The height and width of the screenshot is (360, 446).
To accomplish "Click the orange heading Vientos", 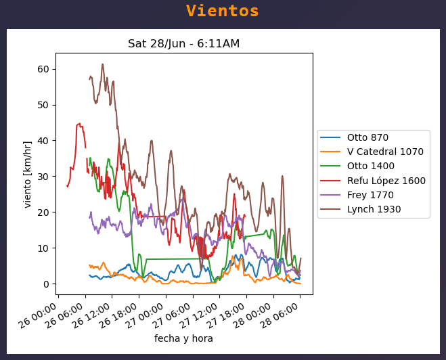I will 223,12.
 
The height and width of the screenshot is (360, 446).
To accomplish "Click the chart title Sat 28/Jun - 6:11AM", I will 183,44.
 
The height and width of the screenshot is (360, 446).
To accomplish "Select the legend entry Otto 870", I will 367,137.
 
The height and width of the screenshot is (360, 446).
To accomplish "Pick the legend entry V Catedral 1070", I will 385,152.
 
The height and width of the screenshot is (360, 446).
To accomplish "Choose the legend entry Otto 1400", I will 370,166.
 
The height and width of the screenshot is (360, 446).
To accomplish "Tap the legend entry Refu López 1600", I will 386,181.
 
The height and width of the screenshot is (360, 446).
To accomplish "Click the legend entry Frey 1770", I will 370,195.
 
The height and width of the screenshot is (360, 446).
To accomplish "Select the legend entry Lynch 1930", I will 374,209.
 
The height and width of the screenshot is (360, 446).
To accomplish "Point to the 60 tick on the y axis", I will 47,69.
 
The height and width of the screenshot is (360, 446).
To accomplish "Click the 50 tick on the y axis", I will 47,105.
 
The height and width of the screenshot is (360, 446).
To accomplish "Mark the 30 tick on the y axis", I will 47,177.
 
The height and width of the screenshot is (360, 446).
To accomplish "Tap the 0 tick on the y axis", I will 49,284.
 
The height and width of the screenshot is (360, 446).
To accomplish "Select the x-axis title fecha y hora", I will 183,338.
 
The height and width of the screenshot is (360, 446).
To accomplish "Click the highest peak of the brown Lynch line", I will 103,64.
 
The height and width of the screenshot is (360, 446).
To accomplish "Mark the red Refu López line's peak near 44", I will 80,124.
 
